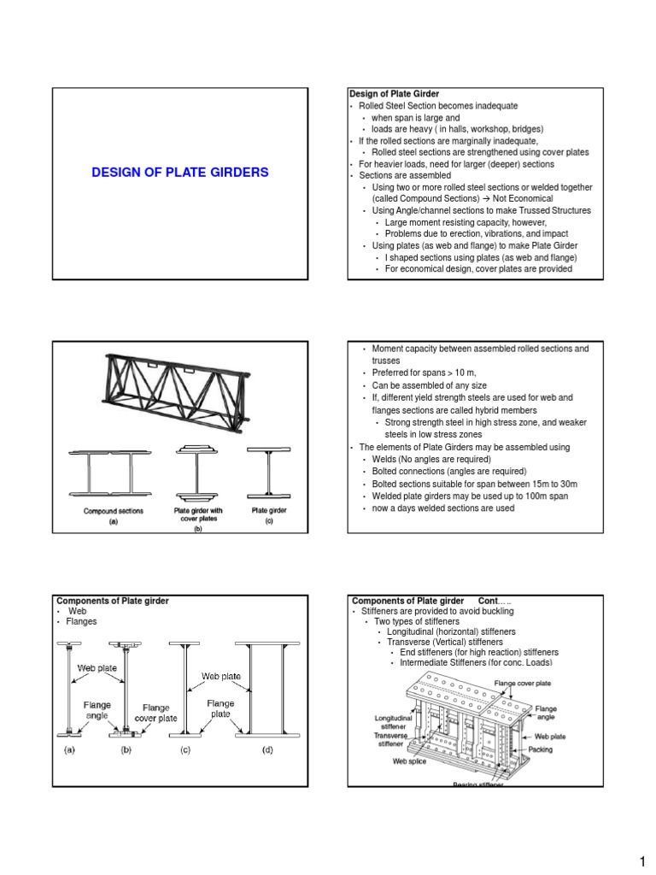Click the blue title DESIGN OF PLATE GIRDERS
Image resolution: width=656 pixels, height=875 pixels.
pos(180,173)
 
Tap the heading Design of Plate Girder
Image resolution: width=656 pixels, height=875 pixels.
pos(393,93)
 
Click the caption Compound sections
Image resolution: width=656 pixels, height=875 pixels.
pos(113,511)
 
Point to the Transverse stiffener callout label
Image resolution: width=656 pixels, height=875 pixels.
pos(395,739)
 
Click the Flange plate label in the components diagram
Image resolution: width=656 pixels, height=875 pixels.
pos(221,709)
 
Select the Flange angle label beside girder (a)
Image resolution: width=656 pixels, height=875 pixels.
pos(96,711)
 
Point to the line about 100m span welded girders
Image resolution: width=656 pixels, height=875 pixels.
pos(469,496)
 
